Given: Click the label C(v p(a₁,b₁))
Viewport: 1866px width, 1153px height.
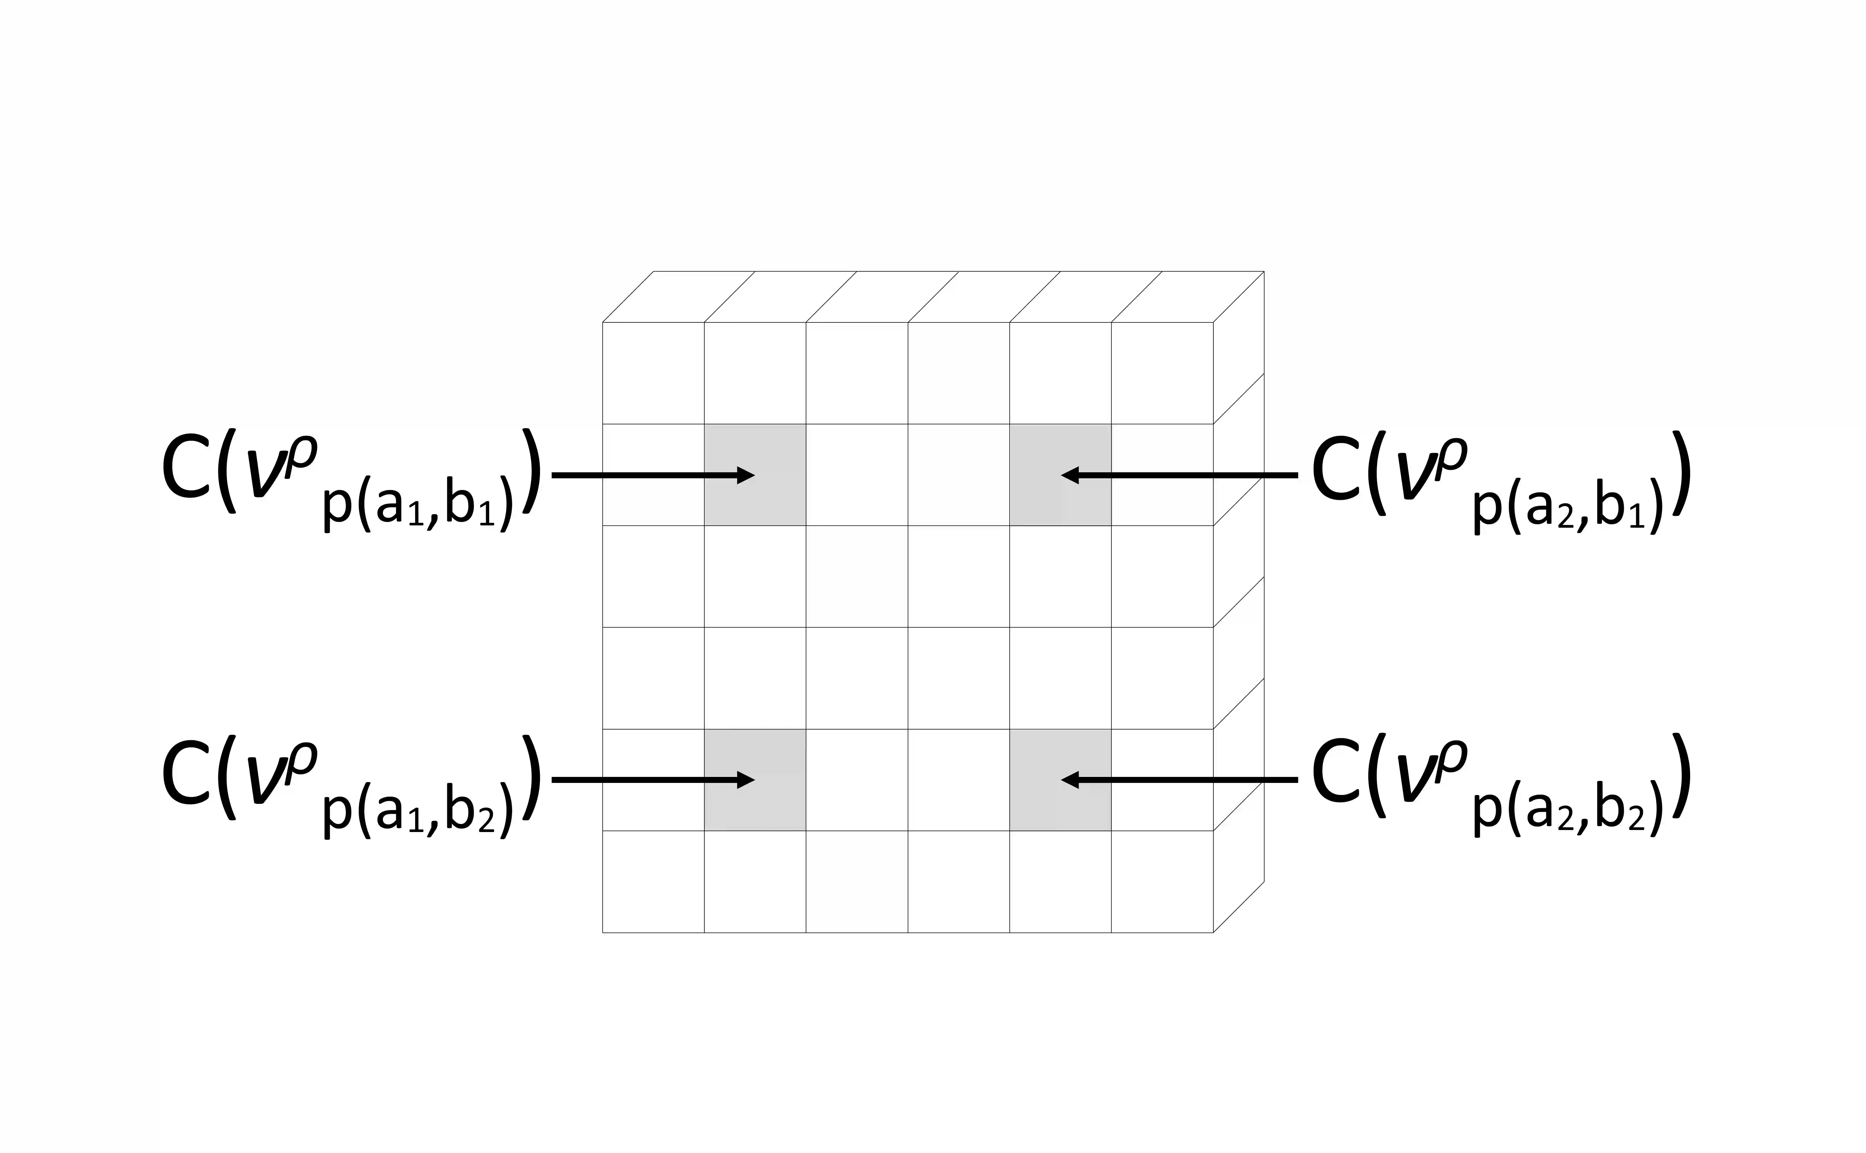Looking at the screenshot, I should tap(351, 477).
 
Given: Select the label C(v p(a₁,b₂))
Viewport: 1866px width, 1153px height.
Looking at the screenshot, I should tap(351, 781).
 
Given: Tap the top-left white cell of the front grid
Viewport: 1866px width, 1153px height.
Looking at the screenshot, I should tap(653, 373).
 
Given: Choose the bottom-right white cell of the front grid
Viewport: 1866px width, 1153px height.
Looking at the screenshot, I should tap(1162, 881).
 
